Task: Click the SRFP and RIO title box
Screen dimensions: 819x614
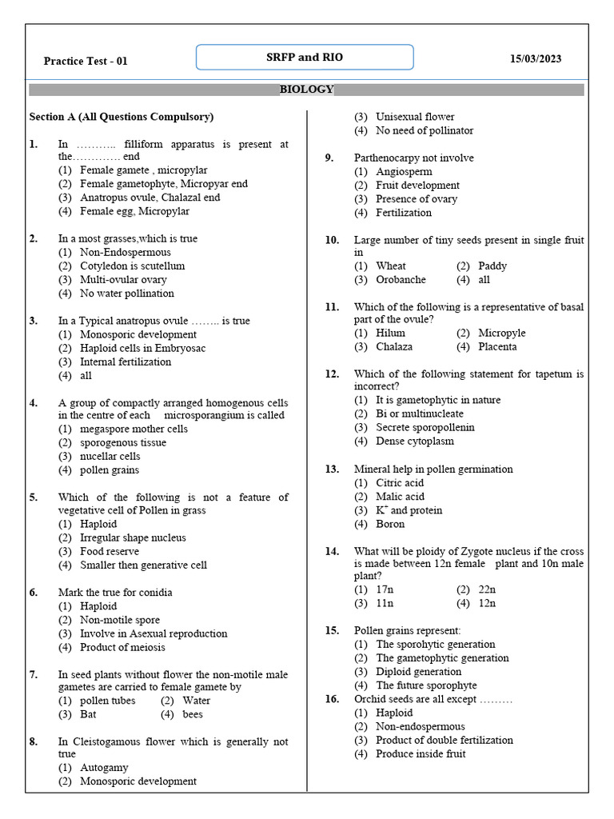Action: point(305,58)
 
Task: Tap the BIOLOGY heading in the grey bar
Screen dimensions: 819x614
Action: point(306,90)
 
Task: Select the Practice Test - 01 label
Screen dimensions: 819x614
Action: point(86,61)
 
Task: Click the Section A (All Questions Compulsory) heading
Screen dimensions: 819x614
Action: point(122,117)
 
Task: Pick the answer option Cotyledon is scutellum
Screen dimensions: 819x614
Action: point(132,266)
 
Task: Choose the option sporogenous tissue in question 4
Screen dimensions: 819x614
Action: point(123,442)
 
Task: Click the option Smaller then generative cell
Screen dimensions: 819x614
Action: point(143,565)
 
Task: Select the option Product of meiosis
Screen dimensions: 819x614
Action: point(122,647)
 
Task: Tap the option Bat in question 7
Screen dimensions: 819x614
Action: point(88,714)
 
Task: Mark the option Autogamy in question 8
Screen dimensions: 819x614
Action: point(104,768)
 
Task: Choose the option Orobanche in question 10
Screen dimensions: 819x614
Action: point(401,280)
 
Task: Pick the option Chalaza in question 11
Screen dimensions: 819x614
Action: point(394,346)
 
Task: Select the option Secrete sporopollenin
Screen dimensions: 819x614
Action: point(425,427)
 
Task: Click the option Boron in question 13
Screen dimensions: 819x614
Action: point(390,524)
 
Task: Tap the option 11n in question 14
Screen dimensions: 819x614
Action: point(385,603)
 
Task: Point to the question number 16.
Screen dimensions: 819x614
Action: point(332,699)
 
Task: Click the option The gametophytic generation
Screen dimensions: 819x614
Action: point(442,657)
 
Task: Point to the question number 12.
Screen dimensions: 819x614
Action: point(332,374)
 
